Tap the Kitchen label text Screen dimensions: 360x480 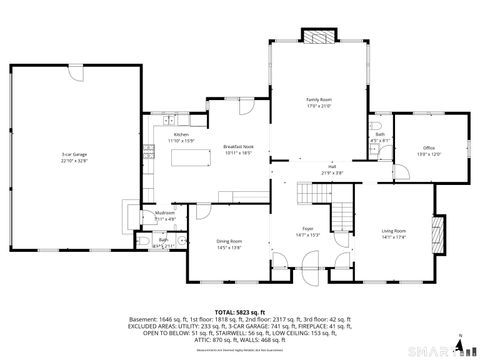point(181,134)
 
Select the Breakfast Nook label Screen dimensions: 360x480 point(237,145)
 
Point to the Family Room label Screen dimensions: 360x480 point(318,99)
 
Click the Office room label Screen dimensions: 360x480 point(429,148)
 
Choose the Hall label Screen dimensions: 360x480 point(332,167)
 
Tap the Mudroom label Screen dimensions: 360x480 point(165,212)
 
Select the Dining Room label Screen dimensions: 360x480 point(230,242)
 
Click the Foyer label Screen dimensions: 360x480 point(308,228)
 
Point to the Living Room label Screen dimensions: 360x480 point(394,231)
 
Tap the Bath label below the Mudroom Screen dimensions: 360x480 point(163,240)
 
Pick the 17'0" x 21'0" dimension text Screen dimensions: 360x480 point(318,104)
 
